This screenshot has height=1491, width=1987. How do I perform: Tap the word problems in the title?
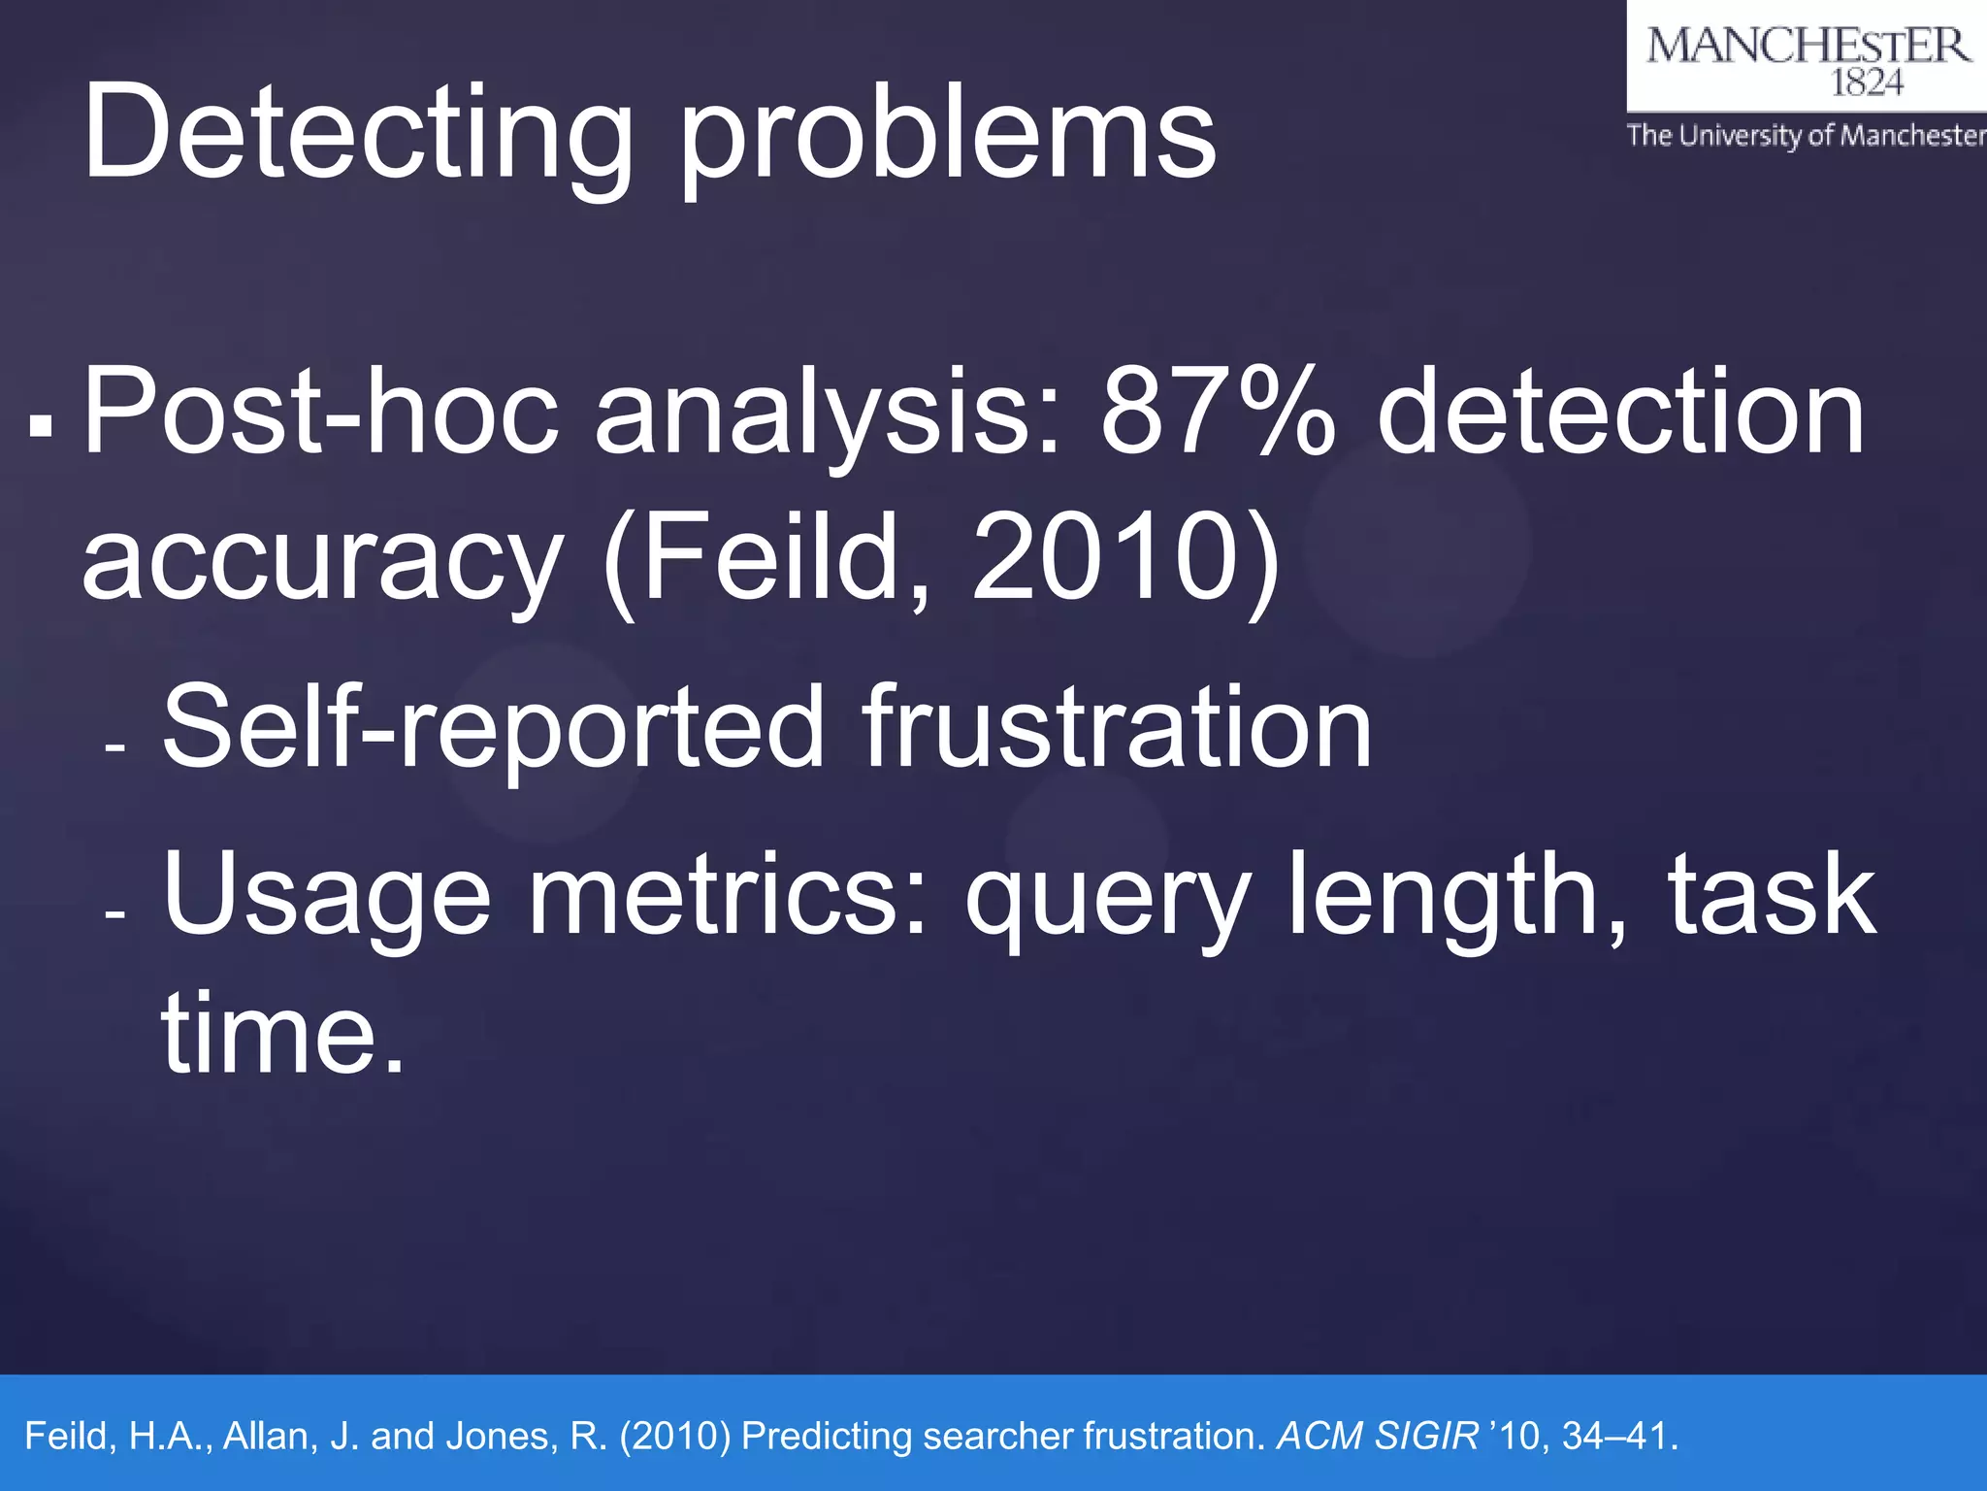pyautogui.click(x=947, y=136)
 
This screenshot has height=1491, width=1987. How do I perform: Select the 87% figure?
pyautogui.click(x=1218, y=413)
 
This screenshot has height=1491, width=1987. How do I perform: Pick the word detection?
pyautogui.click(x=1620, y=413)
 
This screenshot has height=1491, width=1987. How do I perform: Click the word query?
pyautogui.click(x=1107, y=898)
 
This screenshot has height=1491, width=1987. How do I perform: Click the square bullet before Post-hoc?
pyautogui.click(x=41, y=424)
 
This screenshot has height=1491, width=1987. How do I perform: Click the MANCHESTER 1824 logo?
pyautogui.click(x=1807, y=58)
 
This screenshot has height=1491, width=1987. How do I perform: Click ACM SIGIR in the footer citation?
pyautogui.click(x=1378, y=1436)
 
